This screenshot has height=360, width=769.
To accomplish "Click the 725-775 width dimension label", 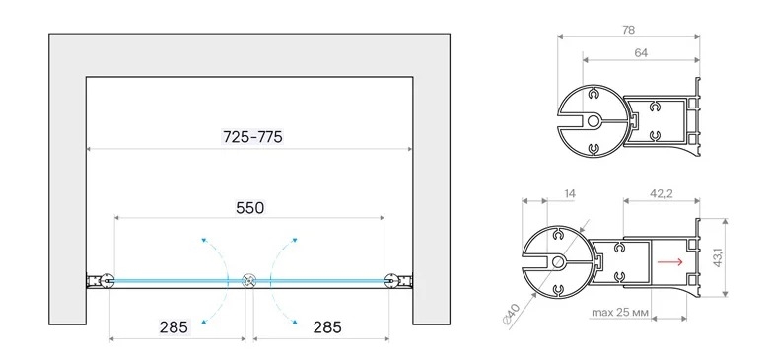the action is click(x=252, y=137).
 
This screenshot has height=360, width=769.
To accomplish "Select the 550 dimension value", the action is click(x=249, y=208).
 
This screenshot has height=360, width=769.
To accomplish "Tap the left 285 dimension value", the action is click(x=174, y=327).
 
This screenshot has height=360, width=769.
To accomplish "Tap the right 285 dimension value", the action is click(x=327, y=327).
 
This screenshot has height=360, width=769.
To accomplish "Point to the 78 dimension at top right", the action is click(x=628, y=30).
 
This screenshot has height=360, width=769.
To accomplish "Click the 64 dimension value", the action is click(x=641, y=53).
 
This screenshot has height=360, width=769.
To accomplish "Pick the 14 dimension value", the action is click(x=570, y=194).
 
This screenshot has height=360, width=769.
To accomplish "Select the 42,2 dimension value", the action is click(x=662, y=193).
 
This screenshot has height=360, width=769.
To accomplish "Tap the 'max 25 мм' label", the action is click(x=620, y=312).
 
